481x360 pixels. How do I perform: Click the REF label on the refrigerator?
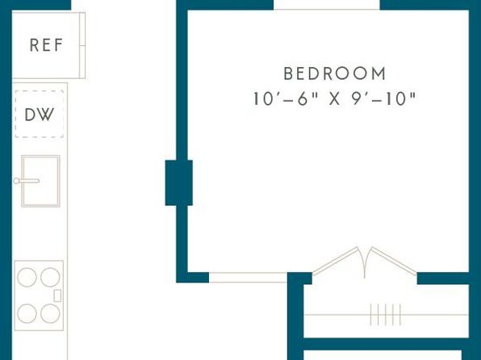coord(46,45)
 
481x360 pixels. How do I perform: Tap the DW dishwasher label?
coord(40,115)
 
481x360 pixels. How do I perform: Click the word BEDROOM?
coord(335,73)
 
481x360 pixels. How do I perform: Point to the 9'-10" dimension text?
coord(383,98)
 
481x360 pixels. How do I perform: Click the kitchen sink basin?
coord(41,181)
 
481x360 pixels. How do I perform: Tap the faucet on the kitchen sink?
coord(27,181)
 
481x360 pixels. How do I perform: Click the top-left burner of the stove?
coord(27,277)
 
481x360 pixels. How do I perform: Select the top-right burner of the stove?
coord(50,277)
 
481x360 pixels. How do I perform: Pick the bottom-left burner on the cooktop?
coord(27,313)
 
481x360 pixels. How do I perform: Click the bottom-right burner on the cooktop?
coord(50,313)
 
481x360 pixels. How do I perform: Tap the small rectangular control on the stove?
coord(57,295)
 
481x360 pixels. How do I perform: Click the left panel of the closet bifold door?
coord(335,260)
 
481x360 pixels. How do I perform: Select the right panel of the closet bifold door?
coord(394,260)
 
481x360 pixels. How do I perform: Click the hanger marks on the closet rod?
coord(386,315)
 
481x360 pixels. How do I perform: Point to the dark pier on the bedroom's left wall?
coord(179,182)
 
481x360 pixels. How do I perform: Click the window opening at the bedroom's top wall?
coord(327,5)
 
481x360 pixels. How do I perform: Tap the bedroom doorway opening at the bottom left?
coord(249,278)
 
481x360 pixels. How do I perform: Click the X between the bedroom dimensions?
coord(335,99)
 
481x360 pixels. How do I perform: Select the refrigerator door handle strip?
coord(82,45)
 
